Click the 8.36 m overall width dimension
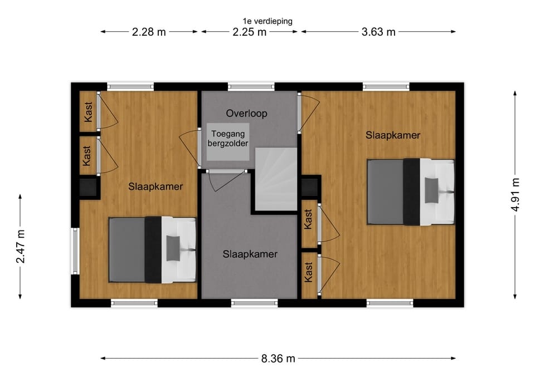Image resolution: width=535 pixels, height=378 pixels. coord(278,359)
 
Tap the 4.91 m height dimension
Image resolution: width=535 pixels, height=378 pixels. coord(515,195)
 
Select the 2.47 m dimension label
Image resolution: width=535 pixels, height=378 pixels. coord(21,247)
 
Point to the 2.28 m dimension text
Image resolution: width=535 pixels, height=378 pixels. coord(149,32)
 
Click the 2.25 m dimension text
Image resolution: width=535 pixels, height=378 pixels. coord(250,32)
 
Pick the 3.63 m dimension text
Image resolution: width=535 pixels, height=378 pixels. coord(378,32)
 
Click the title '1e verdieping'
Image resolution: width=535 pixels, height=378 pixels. coord(267,21)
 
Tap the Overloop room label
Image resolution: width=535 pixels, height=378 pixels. coord(246,114)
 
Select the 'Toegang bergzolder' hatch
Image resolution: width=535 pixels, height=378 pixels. coord(228,142)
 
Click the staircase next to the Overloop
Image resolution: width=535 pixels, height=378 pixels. coord(276,179)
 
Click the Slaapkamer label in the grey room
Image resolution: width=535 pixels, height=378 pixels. coord(250,254)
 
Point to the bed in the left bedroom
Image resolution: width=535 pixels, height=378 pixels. coord(153,250)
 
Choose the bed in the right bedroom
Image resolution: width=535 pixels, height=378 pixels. coord(411,192)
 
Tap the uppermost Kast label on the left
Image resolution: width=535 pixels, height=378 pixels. coord(88,111)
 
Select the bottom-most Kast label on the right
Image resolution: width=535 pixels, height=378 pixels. coord(308,272)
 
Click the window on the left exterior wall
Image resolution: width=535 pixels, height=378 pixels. coord(75,251)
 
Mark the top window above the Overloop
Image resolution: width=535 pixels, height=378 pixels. coord(251,87)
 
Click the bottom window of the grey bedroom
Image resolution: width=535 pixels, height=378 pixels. coord(254,303)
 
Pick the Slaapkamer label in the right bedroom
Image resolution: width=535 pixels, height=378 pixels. coord(393,135)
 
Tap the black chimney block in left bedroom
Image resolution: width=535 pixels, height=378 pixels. coord(88,187)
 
